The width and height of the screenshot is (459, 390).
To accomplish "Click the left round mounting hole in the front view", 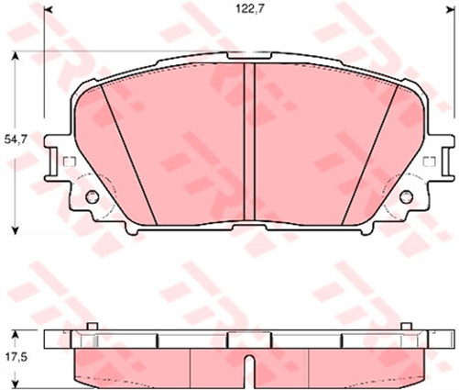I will tap(92, 196).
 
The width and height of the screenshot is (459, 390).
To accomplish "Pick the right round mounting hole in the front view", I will tap(406, 195).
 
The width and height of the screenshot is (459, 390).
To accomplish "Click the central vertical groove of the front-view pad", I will tap(248, 142).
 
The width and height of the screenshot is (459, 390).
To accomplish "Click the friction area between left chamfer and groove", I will tap(183, 147).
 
